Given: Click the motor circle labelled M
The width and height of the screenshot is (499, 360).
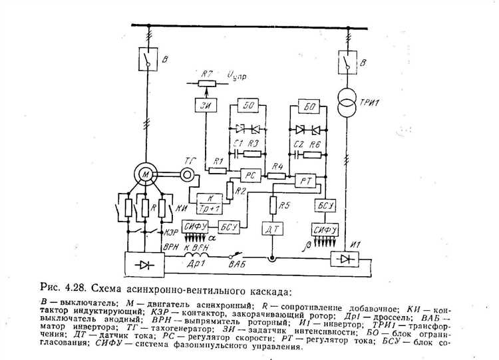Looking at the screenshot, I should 145,174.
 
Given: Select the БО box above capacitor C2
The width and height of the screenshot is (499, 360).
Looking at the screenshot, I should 308,108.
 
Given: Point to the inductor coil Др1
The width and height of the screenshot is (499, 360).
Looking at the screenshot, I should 198,255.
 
